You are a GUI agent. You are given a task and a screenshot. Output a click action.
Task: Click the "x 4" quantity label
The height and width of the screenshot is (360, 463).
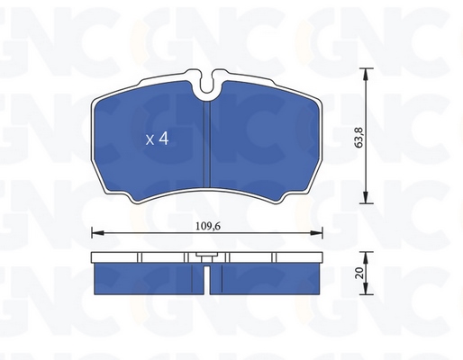(x=157, y=139)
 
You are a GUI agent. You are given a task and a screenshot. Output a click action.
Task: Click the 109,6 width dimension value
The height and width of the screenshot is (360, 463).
(x=208, y=226)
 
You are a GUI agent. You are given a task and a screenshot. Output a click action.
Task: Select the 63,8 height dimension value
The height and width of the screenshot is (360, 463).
(x=359, y=138)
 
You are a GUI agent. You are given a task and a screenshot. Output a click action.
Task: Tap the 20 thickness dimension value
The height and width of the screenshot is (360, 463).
(x=359, y=273)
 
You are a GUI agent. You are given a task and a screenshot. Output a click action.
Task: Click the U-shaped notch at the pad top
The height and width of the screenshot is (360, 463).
(x=206, y=85)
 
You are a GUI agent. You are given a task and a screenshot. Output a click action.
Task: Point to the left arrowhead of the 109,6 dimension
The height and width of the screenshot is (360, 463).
(x=97, y=233)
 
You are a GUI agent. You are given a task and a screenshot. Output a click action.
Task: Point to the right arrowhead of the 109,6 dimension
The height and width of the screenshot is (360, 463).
(x=316, y=233)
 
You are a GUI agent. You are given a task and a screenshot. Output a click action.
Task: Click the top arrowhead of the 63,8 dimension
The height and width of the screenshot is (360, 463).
(x=366, y=75)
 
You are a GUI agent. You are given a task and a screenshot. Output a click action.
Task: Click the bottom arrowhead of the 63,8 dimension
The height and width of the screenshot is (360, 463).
(x=366, y=198)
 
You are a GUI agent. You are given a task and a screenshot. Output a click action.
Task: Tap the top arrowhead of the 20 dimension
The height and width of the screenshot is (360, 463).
(x=366, y=257)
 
